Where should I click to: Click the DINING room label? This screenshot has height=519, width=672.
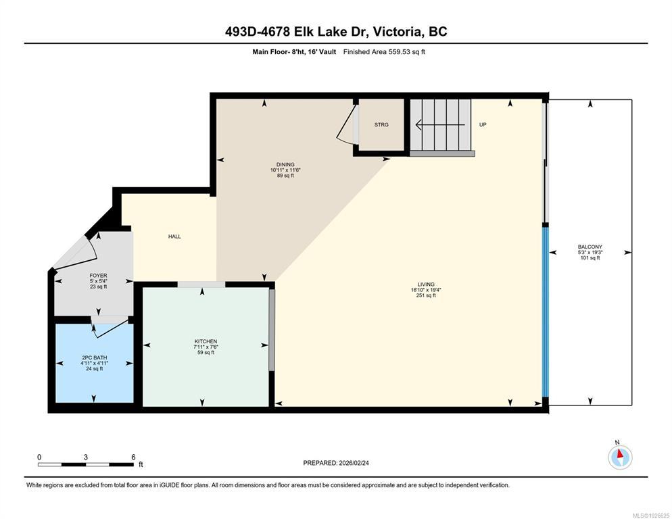[285, 164]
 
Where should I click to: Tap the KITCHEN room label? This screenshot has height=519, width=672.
[206, 341]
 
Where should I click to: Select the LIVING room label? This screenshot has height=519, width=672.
[426, 284]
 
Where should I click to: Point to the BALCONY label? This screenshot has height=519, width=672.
[590, 247]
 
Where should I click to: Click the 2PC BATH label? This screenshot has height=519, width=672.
[94, 357]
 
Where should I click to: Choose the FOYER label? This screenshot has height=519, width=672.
[98, 276]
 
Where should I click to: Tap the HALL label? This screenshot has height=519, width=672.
[174, 236]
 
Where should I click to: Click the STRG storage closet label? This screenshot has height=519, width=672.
[381, 125]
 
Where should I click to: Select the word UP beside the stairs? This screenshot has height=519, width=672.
[483, 125]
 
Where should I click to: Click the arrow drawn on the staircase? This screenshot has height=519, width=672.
[441, 125]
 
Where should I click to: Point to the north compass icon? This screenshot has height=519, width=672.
[620, 458]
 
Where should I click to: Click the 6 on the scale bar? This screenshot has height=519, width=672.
[133, 457]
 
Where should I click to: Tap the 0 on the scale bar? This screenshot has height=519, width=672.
[39, 457]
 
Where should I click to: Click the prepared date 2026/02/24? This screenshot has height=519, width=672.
[354, 463]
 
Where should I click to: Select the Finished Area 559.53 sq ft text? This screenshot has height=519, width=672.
[384, 52]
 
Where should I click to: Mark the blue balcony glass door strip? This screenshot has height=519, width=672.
[546, 312]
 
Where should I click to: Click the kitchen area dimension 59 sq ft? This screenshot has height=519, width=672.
[206, 353]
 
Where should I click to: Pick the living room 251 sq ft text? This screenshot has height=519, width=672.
[426, 295]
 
